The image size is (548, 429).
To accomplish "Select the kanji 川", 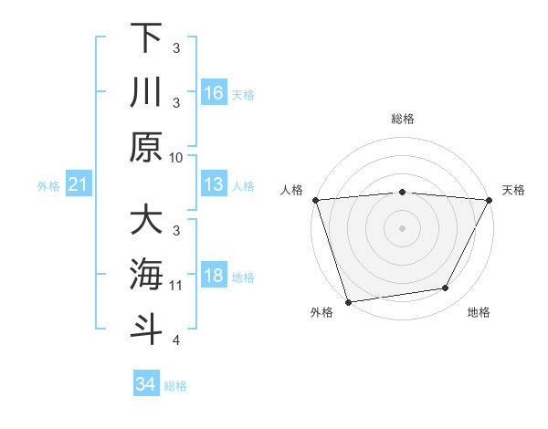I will click(x=146, y=92).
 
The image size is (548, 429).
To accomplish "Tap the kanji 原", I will click(x=146, y=147).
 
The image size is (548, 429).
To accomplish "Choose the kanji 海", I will click(x=146, y=275).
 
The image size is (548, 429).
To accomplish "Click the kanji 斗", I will click(x=146, y=330).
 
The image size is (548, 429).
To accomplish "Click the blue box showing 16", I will click(x=214, y=92).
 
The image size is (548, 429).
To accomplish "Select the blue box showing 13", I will click(x=214, y=184).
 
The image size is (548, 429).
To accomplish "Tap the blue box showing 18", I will click(x=214, y=276).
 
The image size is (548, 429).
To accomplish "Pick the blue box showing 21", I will click(x=79, y=185).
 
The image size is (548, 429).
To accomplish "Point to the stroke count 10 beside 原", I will click(x=176, y=157).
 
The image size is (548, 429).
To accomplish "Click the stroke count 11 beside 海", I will click(x=176, y=285).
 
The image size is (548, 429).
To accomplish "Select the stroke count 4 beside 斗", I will click(x=176, y=340).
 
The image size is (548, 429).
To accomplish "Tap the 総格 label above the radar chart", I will click(x=402, y=119).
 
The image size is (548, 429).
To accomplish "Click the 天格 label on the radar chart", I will click(x=514, y=190).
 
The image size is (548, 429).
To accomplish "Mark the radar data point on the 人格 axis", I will click(x=315, y=200).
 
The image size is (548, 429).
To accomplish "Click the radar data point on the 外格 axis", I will click(x=348, y=301).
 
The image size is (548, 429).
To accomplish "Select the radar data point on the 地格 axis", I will click(x=446, y=288).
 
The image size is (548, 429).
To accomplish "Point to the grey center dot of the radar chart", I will click(x=402, y=227).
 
